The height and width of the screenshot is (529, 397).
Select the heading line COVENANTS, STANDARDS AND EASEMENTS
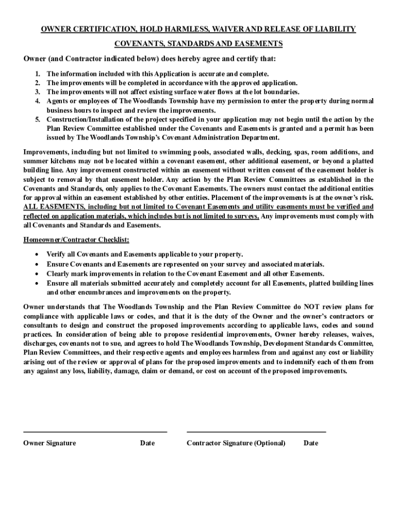click(198, 43)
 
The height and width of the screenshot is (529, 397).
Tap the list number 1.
click(37, 74)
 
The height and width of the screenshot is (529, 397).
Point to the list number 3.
click(37, 91)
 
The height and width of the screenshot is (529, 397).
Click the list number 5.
click(37, 119)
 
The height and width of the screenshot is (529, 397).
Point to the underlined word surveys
click(245, 216)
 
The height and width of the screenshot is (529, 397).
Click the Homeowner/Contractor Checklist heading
click(76, 240)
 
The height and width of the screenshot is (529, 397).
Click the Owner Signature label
click(49, 443)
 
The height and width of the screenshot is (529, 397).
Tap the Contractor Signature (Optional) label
click(236, 443)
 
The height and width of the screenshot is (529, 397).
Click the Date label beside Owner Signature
click(147, 443)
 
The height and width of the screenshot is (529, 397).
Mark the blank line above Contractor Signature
click(256, 431)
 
